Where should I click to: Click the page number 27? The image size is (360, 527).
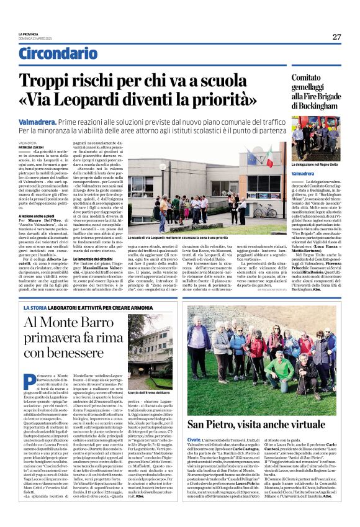coord(336,37)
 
